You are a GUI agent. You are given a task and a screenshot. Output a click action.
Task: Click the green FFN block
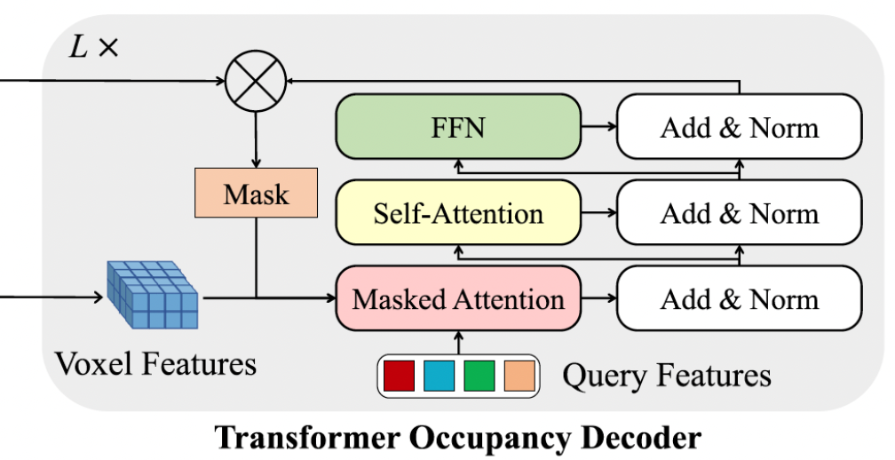coord(457,128)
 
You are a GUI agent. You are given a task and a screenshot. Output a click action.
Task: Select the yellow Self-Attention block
coord(457,213)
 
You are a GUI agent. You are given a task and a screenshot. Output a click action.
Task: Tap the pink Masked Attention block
coord(457,298)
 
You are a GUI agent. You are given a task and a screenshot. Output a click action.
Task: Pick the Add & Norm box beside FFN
coord(739,128)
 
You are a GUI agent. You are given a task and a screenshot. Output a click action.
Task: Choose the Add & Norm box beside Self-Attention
coord(739,213)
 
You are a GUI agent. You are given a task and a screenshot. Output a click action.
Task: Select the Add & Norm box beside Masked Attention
coord(739,298)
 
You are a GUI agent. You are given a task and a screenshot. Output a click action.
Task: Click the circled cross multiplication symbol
coord(256,80)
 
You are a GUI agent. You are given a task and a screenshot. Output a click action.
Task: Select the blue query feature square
coord(440,376)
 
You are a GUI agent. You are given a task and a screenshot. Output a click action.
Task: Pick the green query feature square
coord(479,376)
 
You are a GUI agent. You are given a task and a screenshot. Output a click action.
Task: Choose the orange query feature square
coord(519,376)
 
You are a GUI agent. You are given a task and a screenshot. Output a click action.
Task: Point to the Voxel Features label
coord(155,362)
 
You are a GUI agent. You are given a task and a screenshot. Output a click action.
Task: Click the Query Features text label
coord(666,376)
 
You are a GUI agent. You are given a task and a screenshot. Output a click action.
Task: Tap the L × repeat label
coord(93,47)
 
